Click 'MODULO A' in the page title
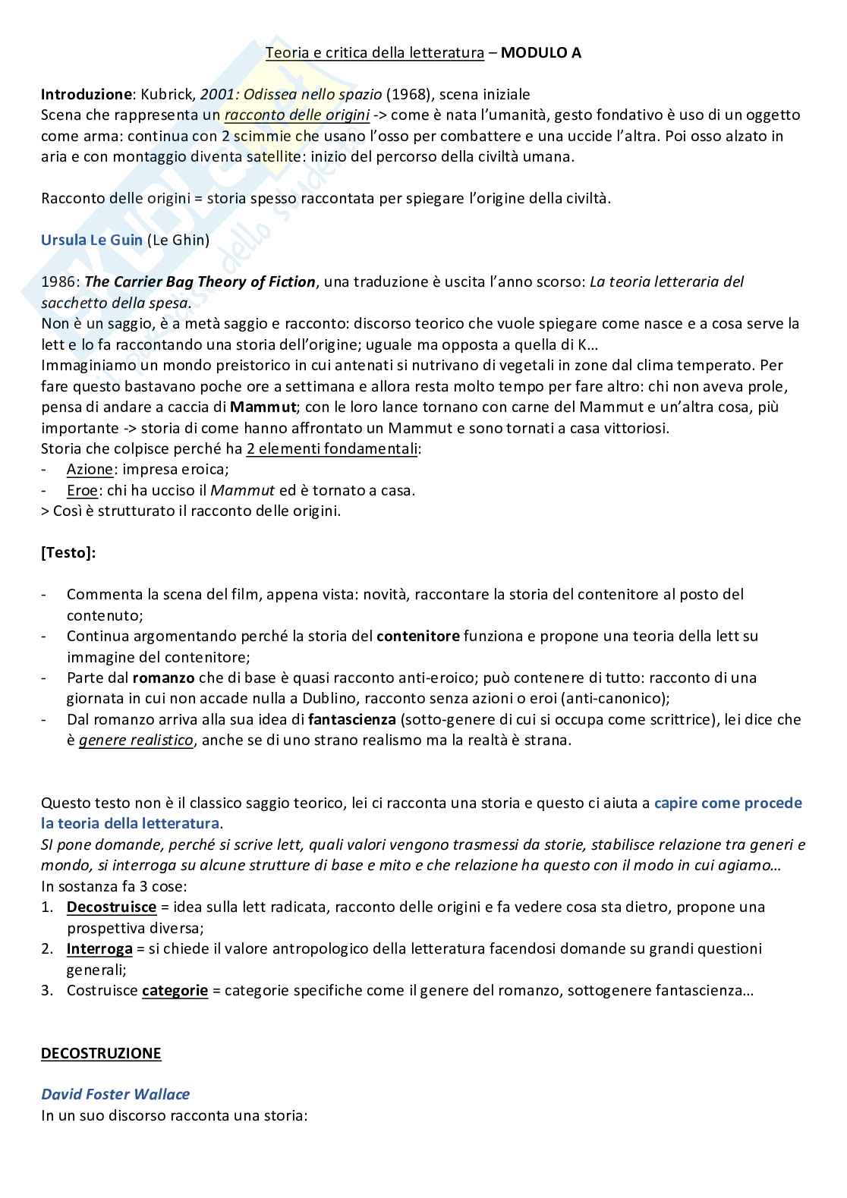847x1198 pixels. click(541, 52)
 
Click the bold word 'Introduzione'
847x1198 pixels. click(86, 94)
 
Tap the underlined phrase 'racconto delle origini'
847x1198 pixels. click(297, 115)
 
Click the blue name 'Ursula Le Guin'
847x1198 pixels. click(92, 240)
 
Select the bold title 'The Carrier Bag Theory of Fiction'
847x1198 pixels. click(200, 281)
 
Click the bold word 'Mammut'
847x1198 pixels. click(263, 407)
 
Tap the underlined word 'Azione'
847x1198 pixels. click(90, 469)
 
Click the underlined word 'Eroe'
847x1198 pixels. click(82, 490)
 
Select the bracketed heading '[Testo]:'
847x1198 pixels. click(68, 552)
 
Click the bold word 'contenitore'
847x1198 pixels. click(417, 636)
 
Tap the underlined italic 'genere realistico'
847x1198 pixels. click(136, 740)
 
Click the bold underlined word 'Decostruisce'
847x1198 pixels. click(112, 907)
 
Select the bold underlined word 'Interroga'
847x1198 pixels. click(99, 948)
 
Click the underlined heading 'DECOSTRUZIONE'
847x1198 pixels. click(101, 1053)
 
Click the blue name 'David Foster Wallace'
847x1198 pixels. click(115, 1094)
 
